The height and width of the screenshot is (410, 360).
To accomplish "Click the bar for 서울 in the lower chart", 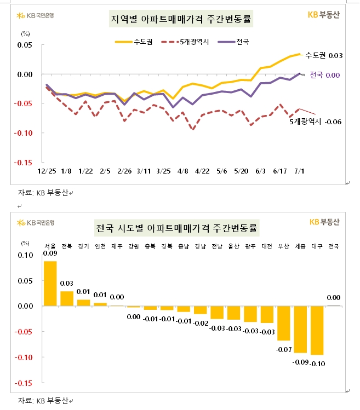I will point(50,284).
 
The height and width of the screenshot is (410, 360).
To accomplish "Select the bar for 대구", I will point(317,331).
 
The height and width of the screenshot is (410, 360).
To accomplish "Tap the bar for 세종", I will point(300,330).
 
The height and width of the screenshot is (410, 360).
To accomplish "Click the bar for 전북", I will point(67,298).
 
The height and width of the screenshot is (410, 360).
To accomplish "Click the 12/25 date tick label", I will point(45,171).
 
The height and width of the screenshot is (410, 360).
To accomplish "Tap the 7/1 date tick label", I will point(300,171).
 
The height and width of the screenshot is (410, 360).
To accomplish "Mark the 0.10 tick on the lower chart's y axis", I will point(25,255).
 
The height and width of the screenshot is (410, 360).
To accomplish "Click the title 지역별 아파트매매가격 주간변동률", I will point(181,20).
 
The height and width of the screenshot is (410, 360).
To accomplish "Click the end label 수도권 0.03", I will point(323,55).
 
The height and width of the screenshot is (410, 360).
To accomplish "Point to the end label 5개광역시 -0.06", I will point(315,122).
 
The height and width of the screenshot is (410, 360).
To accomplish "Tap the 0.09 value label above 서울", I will point(50,253).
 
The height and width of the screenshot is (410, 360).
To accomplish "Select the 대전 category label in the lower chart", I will point(267,246).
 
